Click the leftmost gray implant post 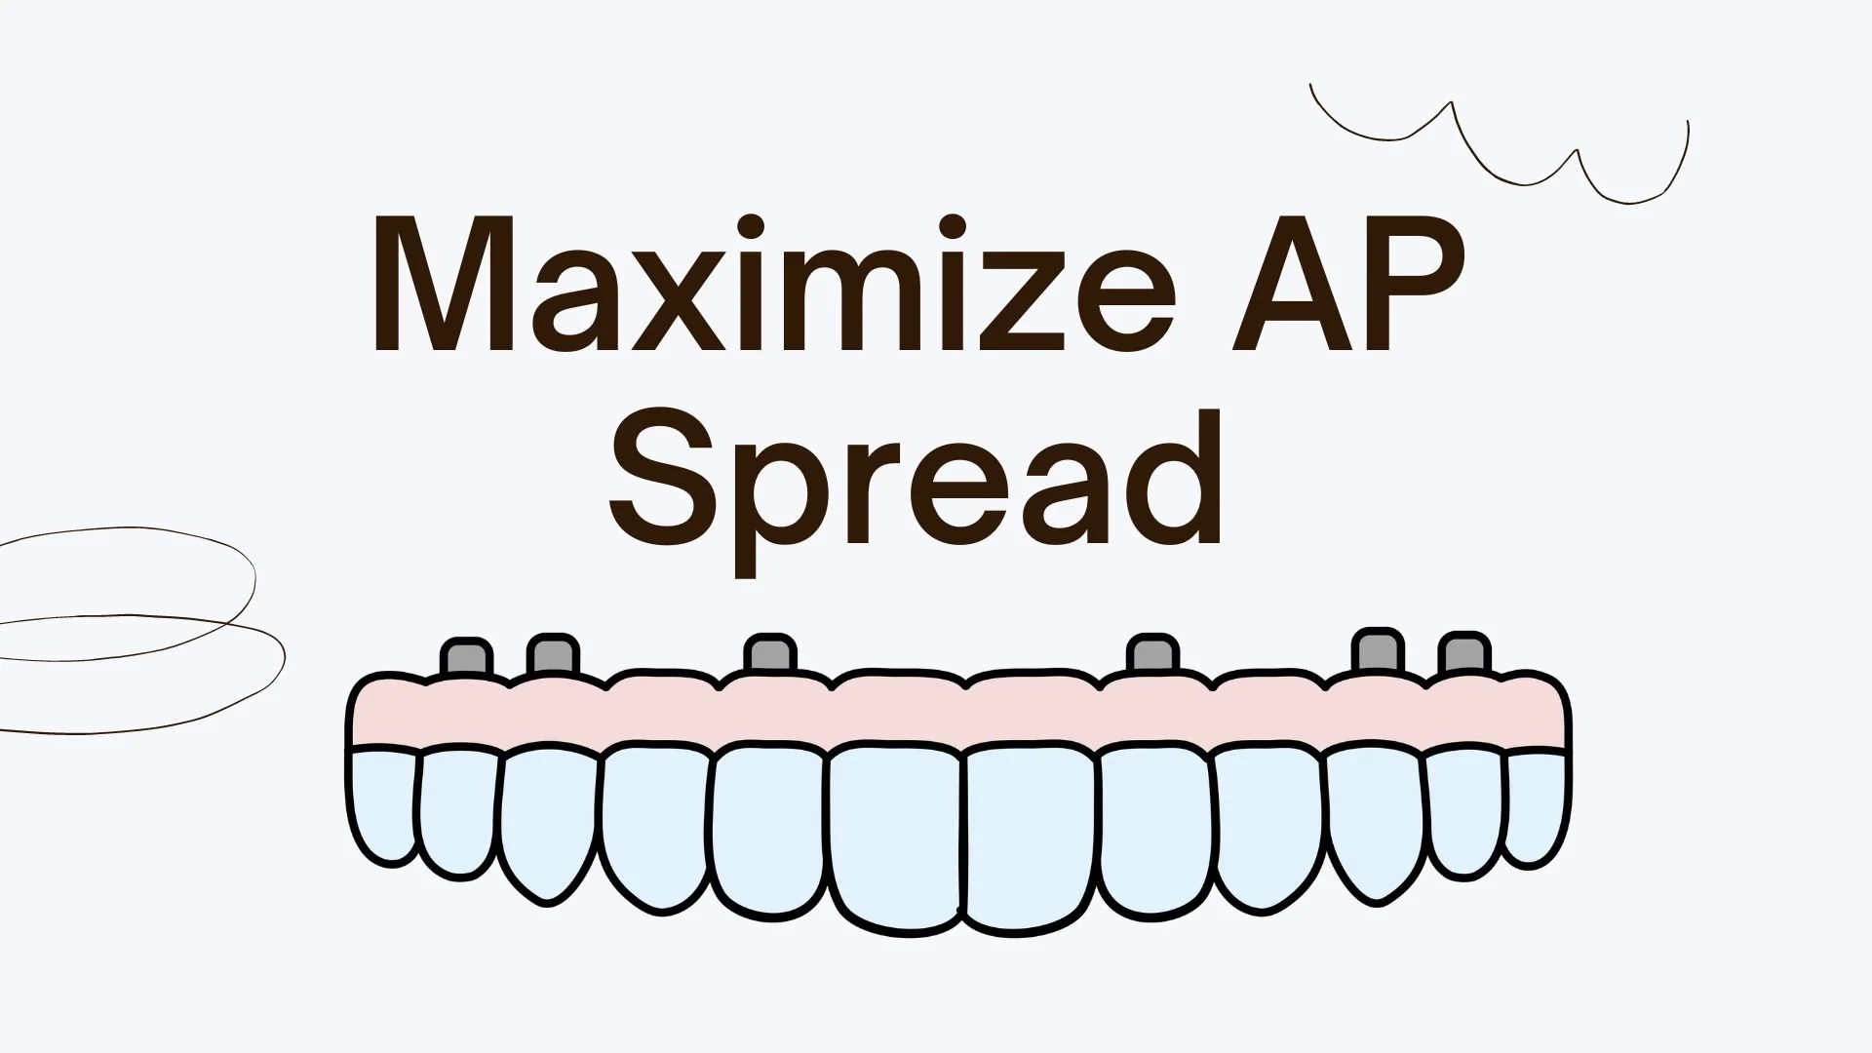coord(465,656)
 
